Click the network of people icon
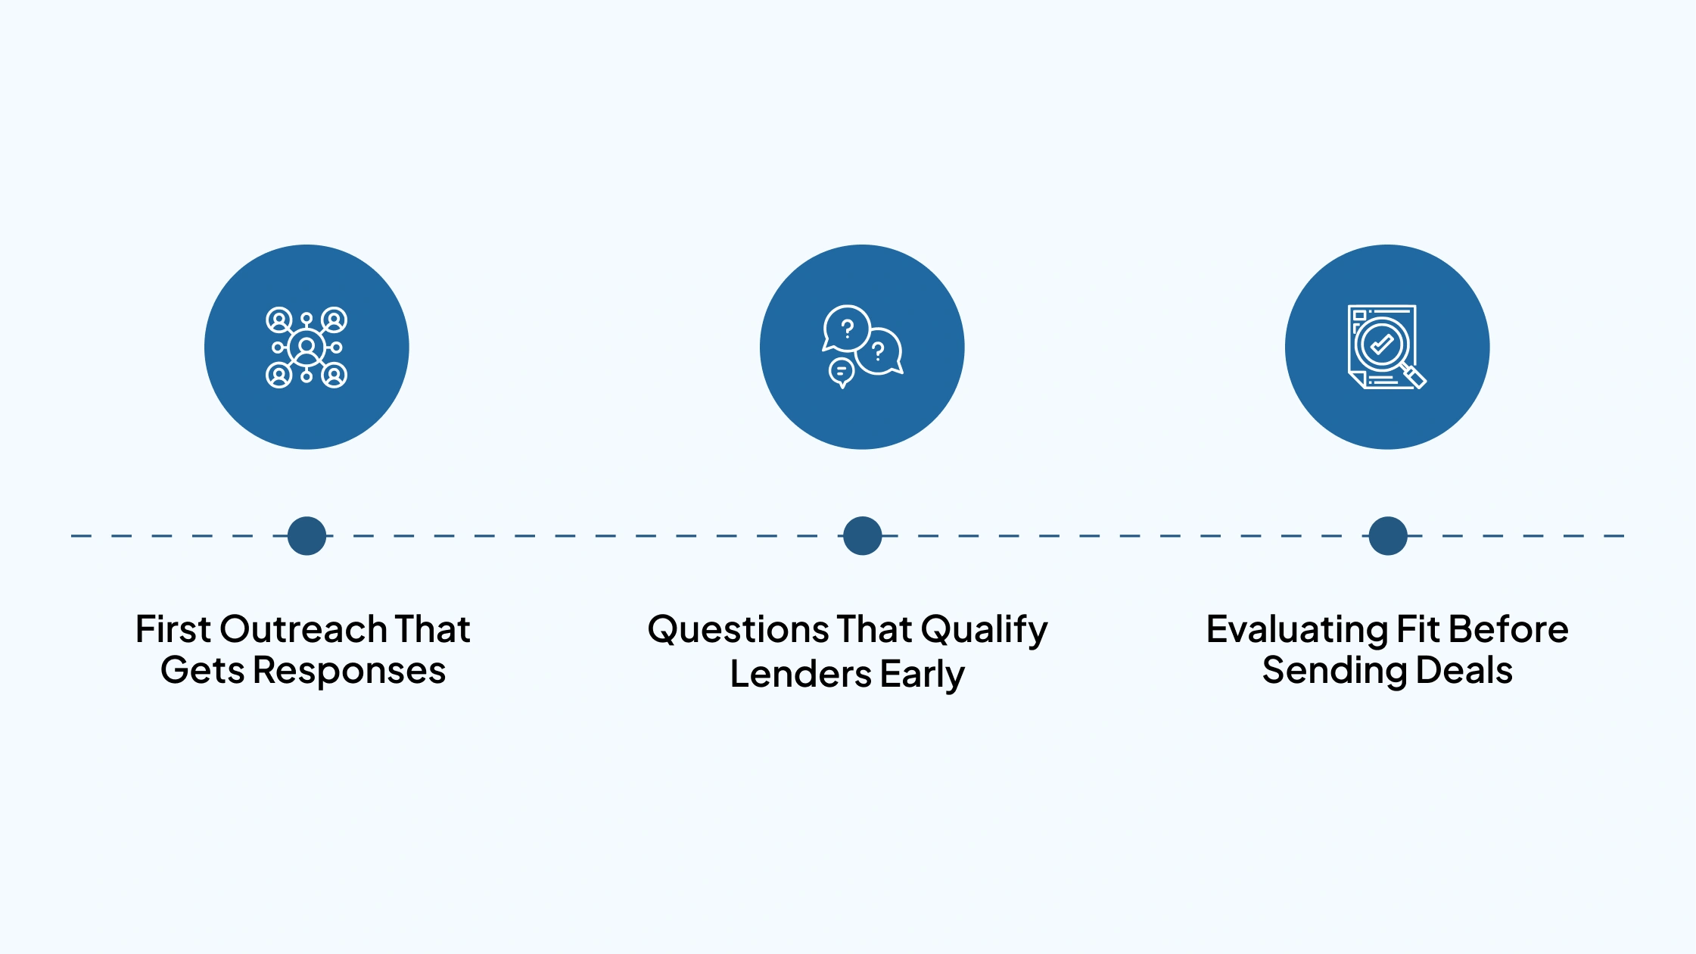[x=307, y=347]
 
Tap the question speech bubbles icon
[x=862, y=347]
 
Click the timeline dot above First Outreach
[x=307, y=536]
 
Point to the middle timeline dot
[x=862, y=536]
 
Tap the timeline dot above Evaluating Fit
[x=1387, y=536]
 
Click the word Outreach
[x=303, y=629]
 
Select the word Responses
[x=349, y=671]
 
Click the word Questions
[x=738, y=629]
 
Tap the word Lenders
[x=800, y=674]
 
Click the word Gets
[x=202, y=671]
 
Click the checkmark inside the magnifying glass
[x=1381, y=344]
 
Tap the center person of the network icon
[x=307, y=347]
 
